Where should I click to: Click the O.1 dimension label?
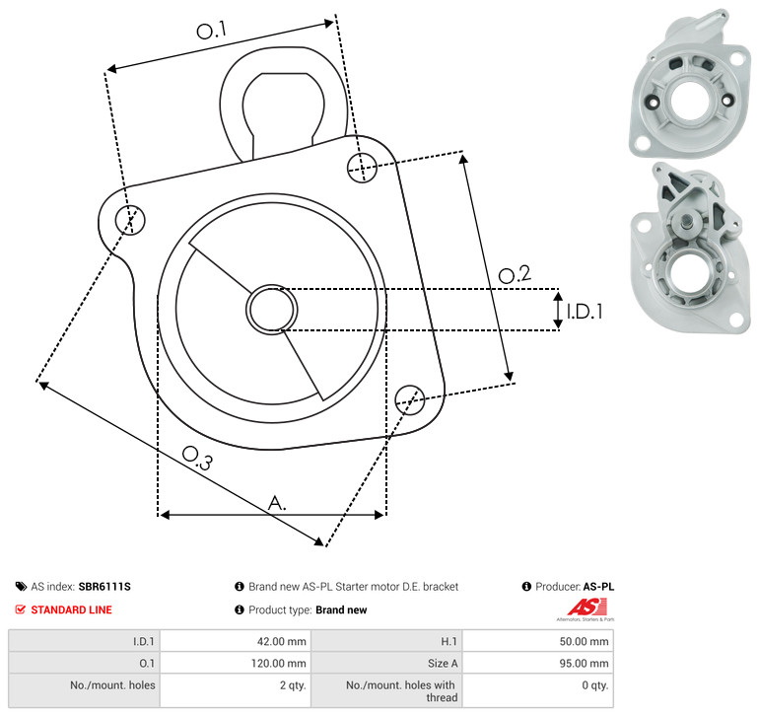[x=211, y=31]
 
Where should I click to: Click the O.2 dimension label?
[x=515, y=274]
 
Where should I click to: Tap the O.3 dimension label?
[x=197, y=458]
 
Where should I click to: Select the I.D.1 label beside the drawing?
[x=585, y=312]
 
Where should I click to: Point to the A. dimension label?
[x=277, y=503]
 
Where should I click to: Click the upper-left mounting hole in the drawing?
[x=130, y=220]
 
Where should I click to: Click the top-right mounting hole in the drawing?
[x=362, y=168]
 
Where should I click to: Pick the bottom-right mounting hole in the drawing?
[x=410, y=399]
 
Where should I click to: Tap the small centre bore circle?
[x=272, y=309]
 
